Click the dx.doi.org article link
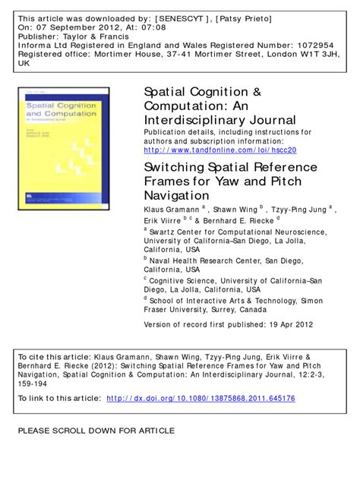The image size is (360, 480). tap(201, 398)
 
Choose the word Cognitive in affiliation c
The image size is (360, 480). tap(169, 279)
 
